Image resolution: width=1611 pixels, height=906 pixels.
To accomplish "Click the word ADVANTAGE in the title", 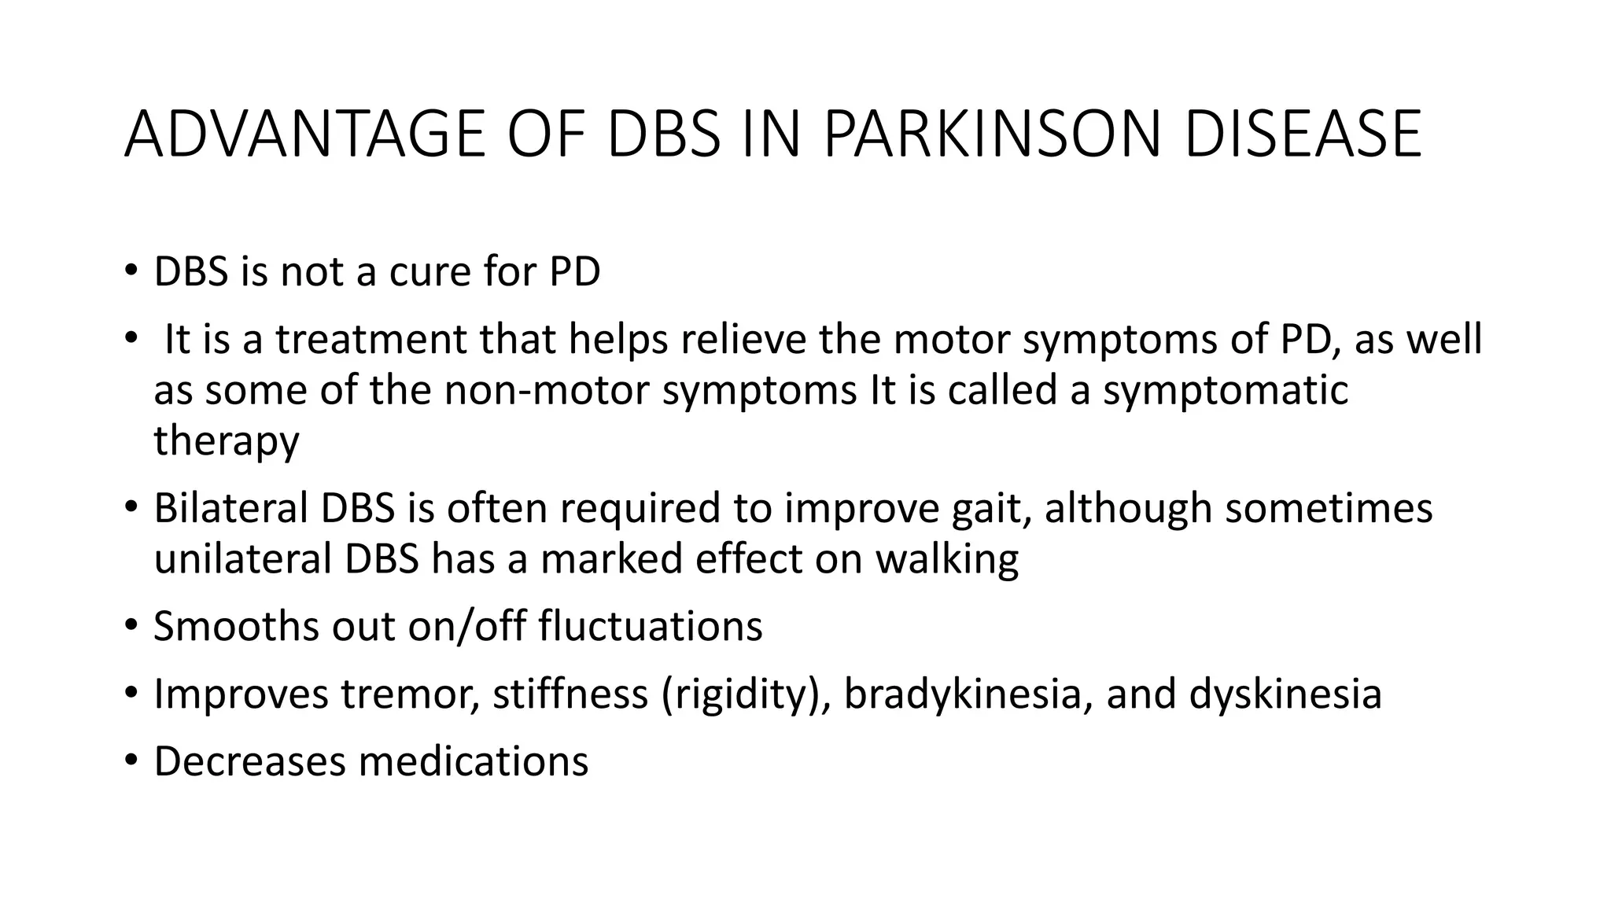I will (305, 134).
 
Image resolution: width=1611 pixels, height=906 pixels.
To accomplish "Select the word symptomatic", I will (1226, 391).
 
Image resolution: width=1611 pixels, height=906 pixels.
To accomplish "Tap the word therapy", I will (227, 441).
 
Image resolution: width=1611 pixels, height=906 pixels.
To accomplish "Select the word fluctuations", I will (651, 627).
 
